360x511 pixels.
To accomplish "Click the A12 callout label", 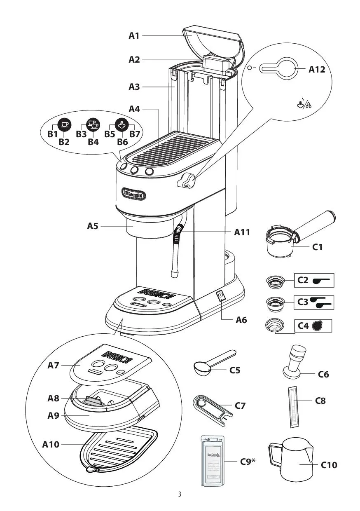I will (x=317, y=69).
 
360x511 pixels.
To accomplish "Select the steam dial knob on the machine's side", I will (x=187, y=180).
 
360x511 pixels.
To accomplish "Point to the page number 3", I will (x=180, y=495).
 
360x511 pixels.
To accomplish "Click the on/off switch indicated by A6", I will (x=221, y=295).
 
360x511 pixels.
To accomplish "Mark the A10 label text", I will (x=51, y=444).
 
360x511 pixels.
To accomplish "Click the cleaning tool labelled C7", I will (x=210, y=406).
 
